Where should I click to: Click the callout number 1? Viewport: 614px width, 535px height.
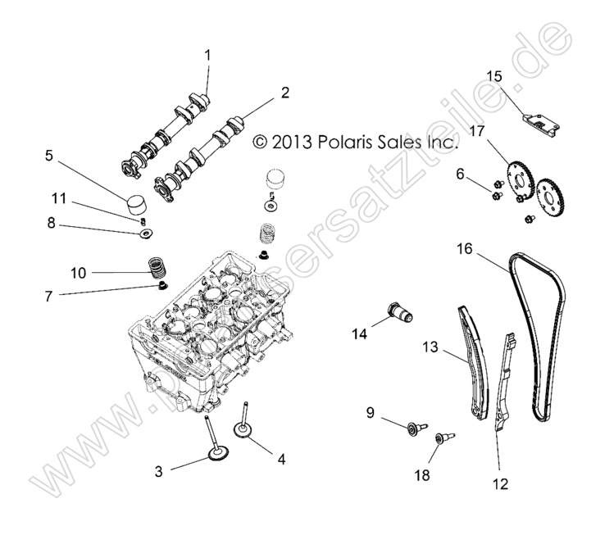tap(207, 56)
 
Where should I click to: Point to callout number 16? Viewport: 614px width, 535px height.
tap(464, 248)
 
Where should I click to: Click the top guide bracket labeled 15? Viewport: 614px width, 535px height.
tap(540, 120)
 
